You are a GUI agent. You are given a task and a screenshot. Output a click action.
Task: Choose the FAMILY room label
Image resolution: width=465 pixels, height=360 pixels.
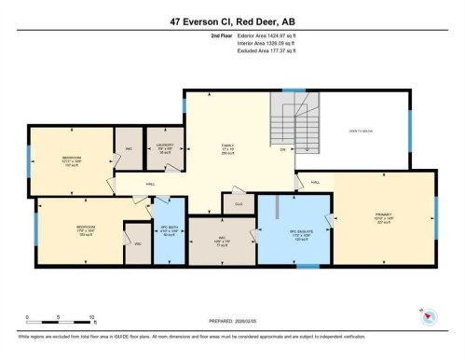pos(226,147)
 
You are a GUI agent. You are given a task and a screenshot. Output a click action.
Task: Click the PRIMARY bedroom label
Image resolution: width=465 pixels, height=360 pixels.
pos(383,217)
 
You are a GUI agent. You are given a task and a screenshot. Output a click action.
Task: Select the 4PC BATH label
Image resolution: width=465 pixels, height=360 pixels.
pos(169,230)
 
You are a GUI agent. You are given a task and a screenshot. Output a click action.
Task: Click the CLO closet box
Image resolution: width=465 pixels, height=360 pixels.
pos(239,202)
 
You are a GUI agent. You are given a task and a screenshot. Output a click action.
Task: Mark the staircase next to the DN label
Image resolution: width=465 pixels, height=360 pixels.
pos(280,122)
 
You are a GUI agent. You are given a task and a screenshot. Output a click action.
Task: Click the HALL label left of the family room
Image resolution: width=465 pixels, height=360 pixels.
pos(150,185)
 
